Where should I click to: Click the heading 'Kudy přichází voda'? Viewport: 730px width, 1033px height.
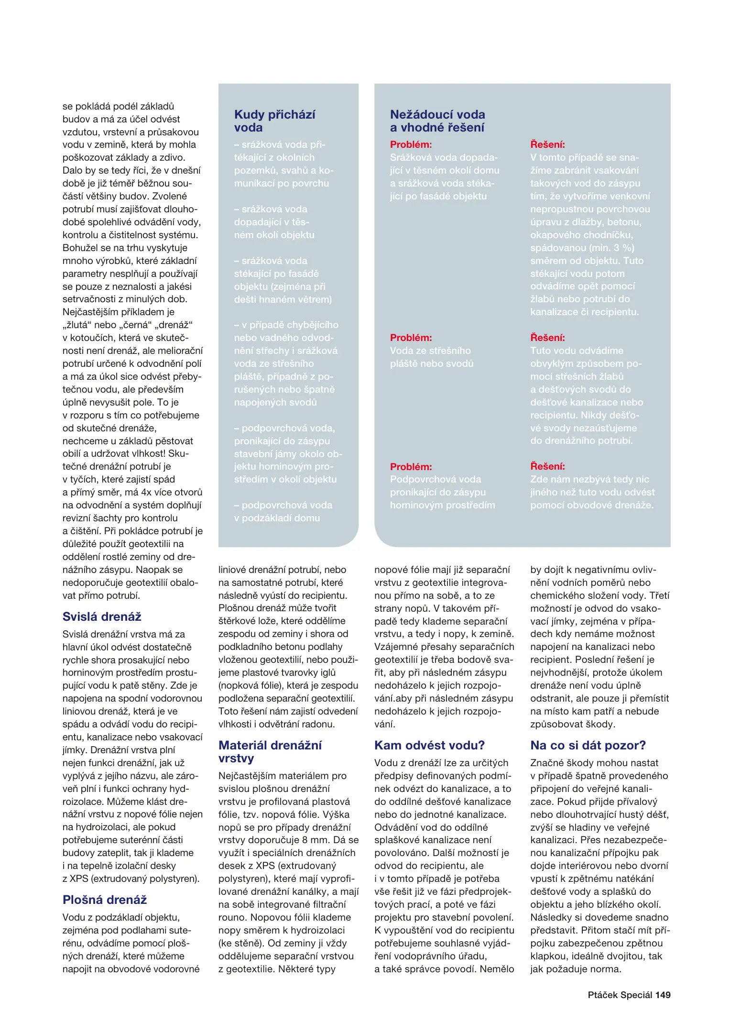pos(274,121)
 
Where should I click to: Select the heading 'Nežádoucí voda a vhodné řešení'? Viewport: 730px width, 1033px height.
pos(437,121)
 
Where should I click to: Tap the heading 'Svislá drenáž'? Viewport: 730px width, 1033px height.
pos(102,616)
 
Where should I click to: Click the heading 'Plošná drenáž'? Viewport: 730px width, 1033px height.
pos(104,900)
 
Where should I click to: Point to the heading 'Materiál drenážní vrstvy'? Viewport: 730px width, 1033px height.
pos(270,751)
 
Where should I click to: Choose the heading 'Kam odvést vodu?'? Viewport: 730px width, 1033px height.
pos(429,745)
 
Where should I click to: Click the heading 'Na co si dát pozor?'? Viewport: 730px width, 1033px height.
pos(588,745)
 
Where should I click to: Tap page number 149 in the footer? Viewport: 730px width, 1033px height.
pos(663,995)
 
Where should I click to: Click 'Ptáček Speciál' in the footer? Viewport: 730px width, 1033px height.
pos(620,995)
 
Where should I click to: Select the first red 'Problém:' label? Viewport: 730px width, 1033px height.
pos(411,144)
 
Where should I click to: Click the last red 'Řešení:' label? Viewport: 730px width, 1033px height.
pos(547,466)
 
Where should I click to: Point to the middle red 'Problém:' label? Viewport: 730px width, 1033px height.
pos(411,338)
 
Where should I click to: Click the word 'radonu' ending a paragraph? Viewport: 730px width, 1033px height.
pos(318,724)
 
